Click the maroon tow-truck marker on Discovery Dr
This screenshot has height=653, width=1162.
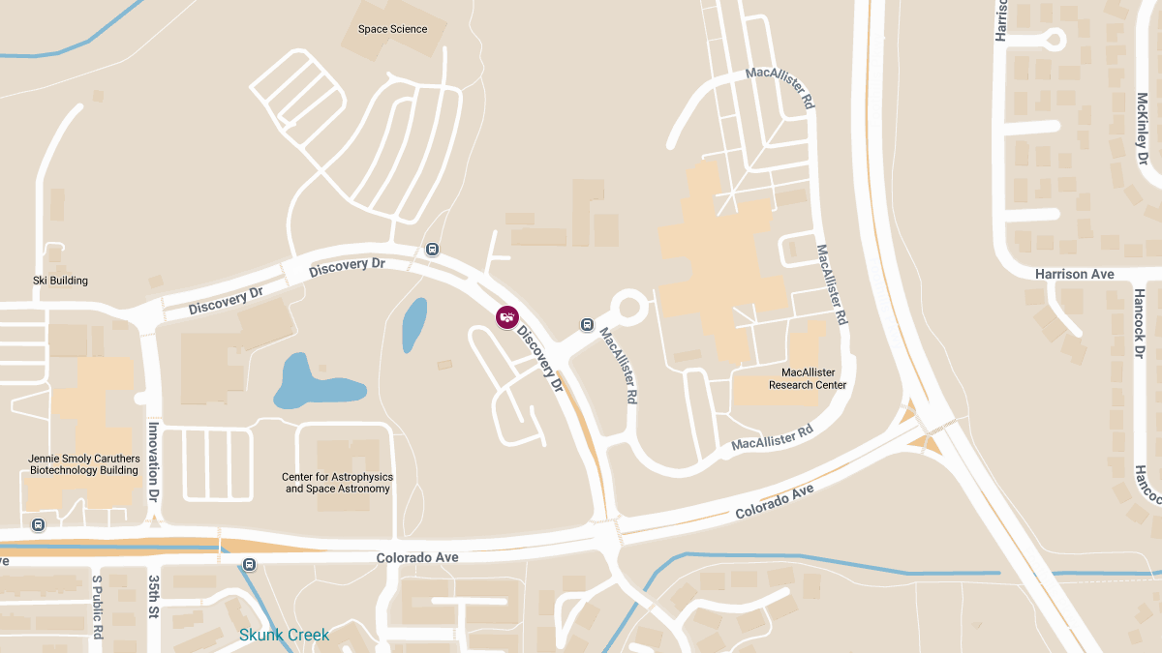click(506, 316)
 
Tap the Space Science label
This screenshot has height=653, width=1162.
click(392, 29)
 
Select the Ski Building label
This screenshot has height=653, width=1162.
click(61, 281)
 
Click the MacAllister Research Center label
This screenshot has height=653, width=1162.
click(808, 378)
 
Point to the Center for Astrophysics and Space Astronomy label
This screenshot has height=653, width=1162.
click(338, 483)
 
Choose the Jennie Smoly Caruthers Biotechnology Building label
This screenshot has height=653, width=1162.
click(84, 464)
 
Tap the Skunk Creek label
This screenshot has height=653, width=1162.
click(284, 636)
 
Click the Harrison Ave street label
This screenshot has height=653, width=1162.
click(1074, 275)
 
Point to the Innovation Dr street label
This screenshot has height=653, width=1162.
click(153, 461)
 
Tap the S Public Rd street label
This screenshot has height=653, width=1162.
click(98, 608)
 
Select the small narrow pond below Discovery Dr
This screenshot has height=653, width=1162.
click(414, 324)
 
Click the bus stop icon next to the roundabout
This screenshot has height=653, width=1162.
click(587, 324)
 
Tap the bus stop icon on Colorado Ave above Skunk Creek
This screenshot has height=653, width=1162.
click(250, 564)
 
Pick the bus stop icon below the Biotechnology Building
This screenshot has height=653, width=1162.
click(39, 525)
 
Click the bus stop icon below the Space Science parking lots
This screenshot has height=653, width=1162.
click(433, 250)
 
